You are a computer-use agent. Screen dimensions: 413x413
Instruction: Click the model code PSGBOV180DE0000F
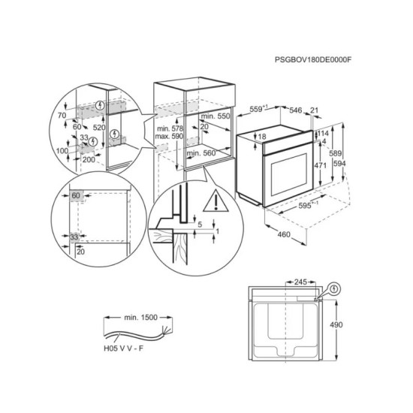tap(313, 60)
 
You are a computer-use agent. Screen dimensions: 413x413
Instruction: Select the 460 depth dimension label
tap(284, 234)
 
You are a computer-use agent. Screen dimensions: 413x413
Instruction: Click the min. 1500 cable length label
tap(140, 318)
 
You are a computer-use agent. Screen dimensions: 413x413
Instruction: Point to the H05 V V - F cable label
tap(124, 348)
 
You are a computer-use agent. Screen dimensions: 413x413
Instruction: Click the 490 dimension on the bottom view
tap(336, 324)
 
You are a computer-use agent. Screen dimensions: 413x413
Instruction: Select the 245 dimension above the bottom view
tap(300, 282)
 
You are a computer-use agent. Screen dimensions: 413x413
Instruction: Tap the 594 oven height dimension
tap(339, 164)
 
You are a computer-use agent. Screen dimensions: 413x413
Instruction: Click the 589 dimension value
tap(336, 153)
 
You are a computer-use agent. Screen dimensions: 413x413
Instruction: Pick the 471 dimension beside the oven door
tap(321, 165)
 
